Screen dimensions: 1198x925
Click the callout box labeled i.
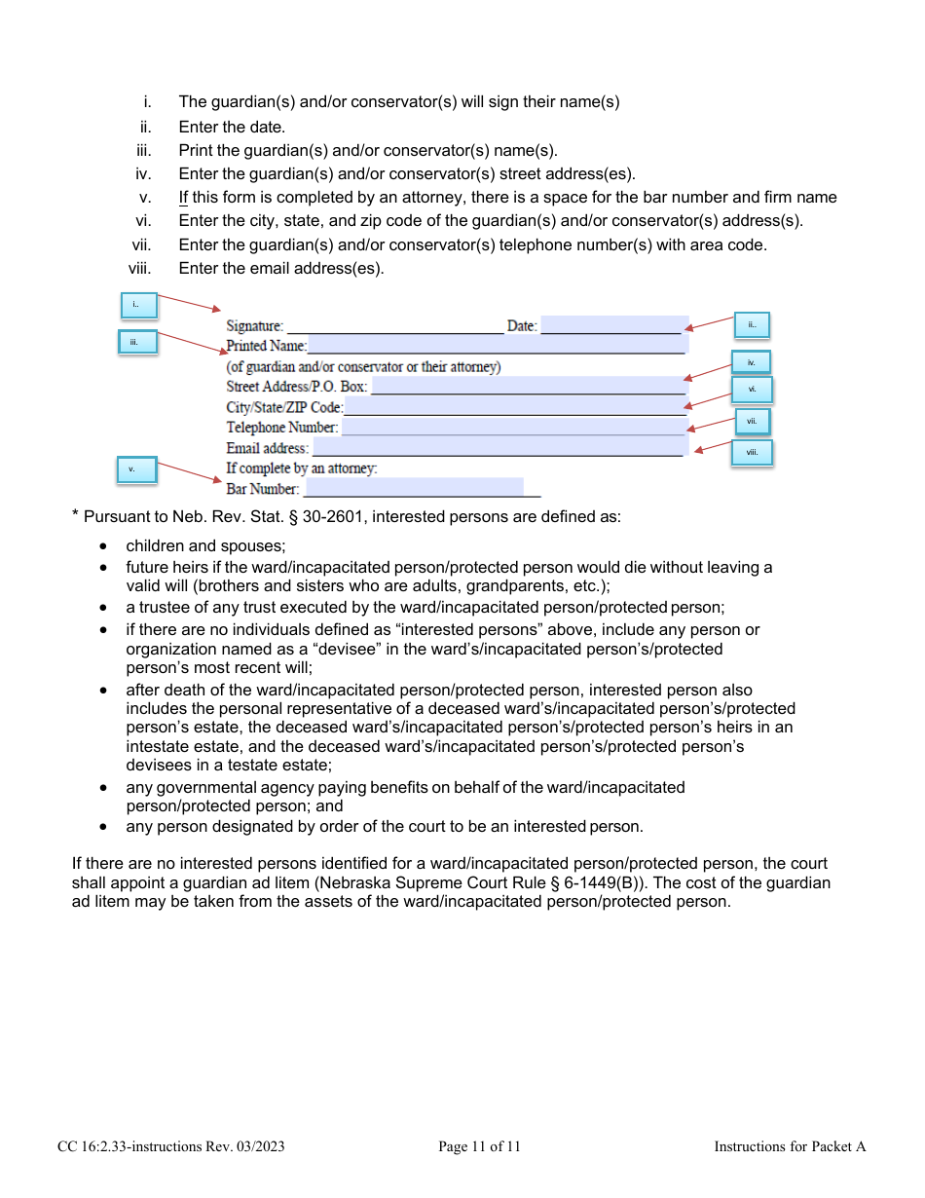click(137, 306)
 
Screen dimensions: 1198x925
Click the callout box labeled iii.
click(137, 342)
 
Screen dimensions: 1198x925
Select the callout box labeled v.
click(135, 469)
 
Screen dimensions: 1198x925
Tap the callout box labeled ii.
click(751, 325)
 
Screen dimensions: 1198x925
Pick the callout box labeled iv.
click(751, 362)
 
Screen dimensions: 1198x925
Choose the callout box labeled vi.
click(752, 390)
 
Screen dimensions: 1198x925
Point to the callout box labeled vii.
click(751, 422)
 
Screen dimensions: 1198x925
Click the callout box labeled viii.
click(752, 453)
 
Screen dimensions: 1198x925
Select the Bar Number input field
click(414, 488)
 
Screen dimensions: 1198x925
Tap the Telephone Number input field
click(514, 427)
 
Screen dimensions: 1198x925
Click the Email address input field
click(497, 447)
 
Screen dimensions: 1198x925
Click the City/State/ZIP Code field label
click(284, 407)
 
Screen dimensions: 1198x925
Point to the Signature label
click(254, 326)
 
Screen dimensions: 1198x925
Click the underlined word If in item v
click(183, 197)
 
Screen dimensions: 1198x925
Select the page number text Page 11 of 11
click(479, 1146)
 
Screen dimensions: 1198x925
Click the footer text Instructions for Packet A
click(789, 1146)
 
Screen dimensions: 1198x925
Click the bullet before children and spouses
click(104, 546)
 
